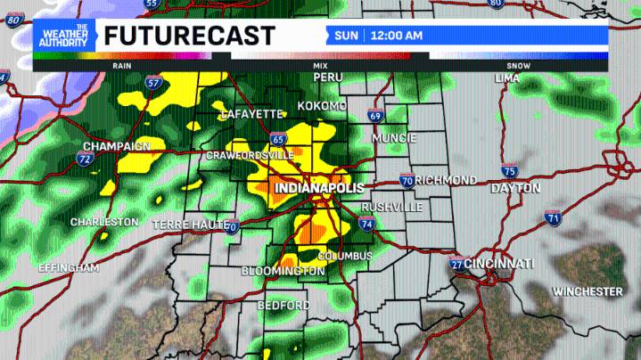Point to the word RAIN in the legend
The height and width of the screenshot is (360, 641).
(122, 66)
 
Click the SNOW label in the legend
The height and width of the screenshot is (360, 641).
(518, 66)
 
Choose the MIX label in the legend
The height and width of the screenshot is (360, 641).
(320, 66)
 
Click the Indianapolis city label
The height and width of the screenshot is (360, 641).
(319, 189)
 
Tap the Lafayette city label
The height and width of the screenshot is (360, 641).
(251, 114)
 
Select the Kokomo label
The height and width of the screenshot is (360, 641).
(323, 106)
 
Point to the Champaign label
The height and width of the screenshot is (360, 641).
(117, 146)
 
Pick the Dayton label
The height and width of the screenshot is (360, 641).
(515, 189)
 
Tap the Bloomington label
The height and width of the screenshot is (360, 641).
(284, 271)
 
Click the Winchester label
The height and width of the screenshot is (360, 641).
(588, 291)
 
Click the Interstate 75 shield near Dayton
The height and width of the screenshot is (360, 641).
(509, 171)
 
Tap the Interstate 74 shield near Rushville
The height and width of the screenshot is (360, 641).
(367, 224)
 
